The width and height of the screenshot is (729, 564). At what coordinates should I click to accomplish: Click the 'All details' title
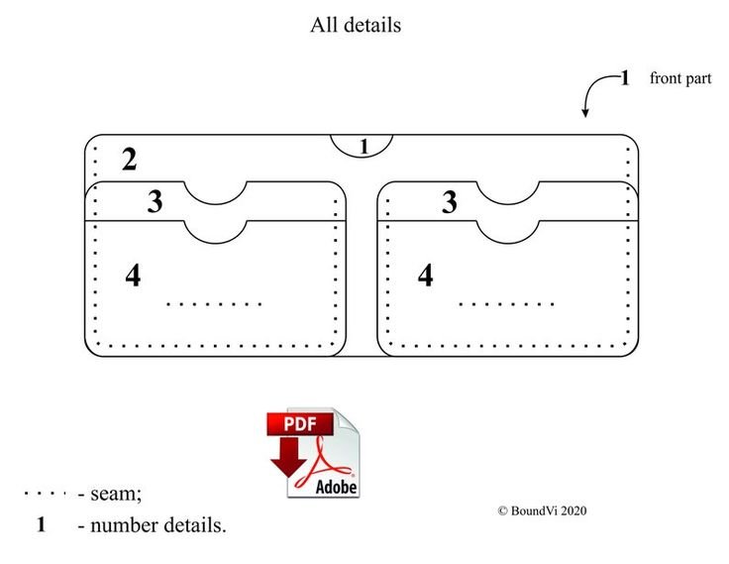(x=356, y=25)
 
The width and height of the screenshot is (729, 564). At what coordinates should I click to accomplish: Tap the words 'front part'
(x=680, y=78)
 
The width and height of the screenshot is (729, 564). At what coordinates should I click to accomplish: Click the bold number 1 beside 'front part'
(x=625, y=78)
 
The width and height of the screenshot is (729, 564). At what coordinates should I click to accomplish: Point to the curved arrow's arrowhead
(x=585, y=112)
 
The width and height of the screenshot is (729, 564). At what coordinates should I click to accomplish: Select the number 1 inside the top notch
(x=364, y=147)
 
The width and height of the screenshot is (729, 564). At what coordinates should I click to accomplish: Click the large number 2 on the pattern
(x=129, y=160)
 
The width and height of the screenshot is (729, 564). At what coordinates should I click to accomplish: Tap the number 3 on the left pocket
(x=155, y=201)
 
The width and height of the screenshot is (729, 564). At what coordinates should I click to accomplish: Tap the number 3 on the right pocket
(x=449, y=202)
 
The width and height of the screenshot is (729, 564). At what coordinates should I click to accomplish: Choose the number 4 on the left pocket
(x=133, y=276)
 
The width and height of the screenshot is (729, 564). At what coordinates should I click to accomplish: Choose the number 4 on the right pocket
(x=425, y=275)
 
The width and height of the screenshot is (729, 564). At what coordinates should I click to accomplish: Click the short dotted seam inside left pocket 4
(x=214, y=304)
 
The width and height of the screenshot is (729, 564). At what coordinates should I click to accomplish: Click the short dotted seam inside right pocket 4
(x=507, y=304)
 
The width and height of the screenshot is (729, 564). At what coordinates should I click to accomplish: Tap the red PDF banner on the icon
(x=300, y=424)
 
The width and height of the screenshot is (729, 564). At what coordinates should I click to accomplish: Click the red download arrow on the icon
(x=288, y=457)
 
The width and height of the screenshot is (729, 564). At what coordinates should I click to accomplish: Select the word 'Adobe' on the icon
(x=336, y=488)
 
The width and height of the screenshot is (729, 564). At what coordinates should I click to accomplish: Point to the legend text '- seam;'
(x=110, y=494)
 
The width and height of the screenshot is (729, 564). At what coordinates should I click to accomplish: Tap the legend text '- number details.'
(x=152, y=525)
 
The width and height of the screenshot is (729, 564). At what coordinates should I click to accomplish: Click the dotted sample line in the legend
(x=45, y=493)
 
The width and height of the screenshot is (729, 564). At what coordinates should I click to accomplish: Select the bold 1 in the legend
(x=42, y=524)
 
